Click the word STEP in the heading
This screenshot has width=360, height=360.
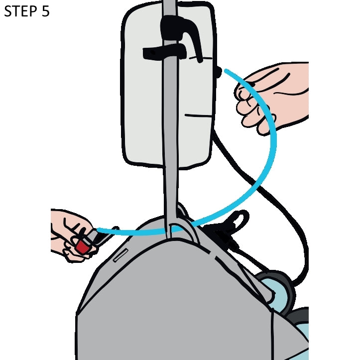click(x=21, y=11)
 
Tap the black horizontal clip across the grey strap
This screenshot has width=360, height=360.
click(x=164, y=52)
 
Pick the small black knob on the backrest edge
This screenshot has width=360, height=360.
click(x=219, y=72)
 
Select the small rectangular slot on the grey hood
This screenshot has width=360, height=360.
click(x=121, y=255)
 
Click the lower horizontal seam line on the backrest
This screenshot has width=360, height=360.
click(x=198, y=116)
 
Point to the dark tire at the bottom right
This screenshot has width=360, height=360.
click(x=298, y=317)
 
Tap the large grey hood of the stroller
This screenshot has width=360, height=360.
click(x=174, y=298)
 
